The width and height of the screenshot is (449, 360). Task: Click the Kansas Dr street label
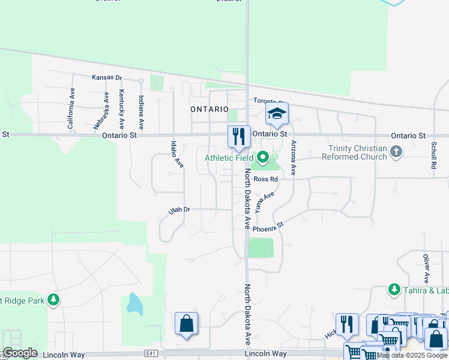(107, 77)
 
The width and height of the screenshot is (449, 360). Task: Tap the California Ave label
(71, 109)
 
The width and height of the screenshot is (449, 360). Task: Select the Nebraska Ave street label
(98, 112)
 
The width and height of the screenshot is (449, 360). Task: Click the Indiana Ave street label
(142, 112)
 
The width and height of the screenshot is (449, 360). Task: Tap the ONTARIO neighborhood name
(209, 109)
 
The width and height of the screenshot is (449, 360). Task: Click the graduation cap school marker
(277, 113)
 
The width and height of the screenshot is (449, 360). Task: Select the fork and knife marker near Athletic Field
(239, 137)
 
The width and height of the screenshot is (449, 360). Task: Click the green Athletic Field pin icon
(263, 158)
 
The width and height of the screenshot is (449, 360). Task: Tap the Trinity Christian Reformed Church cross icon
(396, 152)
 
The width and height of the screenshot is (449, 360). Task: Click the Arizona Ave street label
(294, 157)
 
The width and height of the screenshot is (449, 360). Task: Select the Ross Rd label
(266, 179)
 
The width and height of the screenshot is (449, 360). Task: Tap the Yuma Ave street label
(264, 202)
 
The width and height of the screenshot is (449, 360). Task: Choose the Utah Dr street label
(179, 210)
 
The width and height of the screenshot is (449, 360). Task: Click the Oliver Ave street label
(426, 269)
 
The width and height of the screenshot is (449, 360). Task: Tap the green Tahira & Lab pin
(394, 290)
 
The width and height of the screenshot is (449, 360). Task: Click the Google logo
(20, 353)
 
